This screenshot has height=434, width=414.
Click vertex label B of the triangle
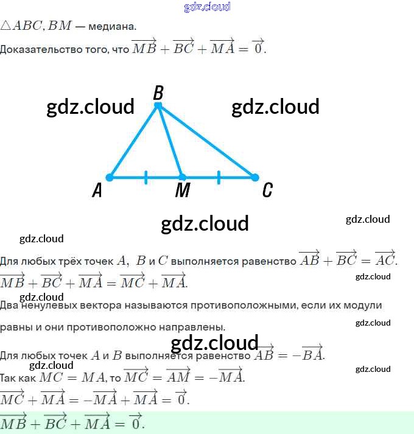pos(158,93)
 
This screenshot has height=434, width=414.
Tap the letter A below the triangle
pos(97,191)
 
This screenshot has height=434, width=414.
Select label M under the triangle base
pos(182,191)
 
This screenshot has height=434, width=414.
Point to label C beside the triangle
pos(267,191)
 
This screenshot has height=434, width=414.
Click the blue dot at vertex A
pos(110,178)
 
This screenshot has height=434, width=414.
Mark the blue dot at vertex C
pos(254,178)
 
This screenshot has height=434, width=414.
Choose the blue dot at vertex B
pos(158,106)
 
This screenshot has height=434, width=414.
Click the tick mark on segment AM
pos(146,178)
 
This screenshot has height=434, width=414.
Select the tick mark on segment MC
pos(219,178)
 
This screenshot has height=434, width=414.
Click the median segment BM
pos(169,141)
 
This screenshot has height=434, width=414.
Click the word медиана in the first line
pos(113,27)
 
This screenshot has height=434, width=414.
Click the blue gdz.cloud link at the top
pos(207,7)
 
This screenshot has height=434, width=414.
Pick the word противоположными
pos(240,305)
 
